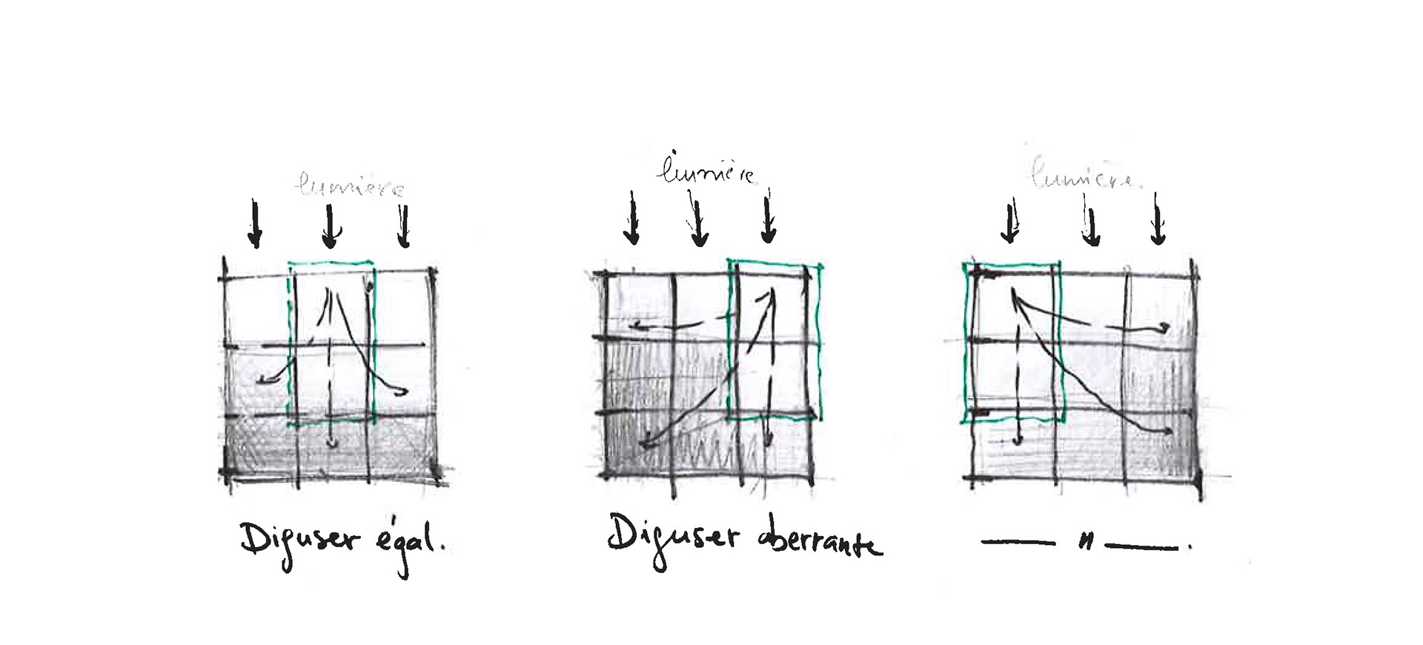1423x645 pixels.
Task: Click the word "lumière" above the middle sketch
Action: point(706,171)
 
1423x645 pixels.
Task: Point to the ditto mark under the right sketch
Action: point(1086,543)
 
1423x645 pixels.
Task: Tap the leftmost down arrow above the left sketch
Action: point(255,222)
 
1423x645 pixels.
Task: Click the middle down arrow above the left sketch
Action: point(331,225)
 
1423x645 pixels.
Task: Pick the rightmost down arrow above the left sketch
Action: point(403,225)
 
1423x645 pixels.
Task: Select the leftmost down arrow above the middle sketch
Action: point(631,218)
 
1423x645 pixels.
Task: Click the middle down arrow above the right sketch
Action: point(1089,222)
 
